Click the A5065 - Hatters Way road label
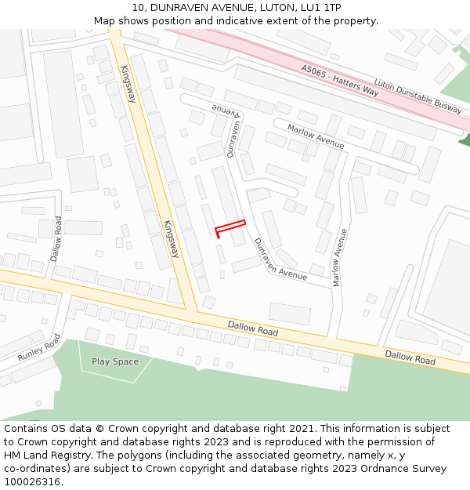click(x=340, y=81)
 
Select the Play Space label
click(x=115, y=361)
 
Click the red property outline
click(x=230, y=227)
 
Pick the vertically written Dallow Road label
click(x=56, y=238)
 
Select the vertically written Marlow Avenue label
click(x=340, y=257)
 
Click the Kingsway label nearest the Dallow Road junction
click(x=172, y=240)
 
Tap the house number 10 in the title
click(x=139, y=7)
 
